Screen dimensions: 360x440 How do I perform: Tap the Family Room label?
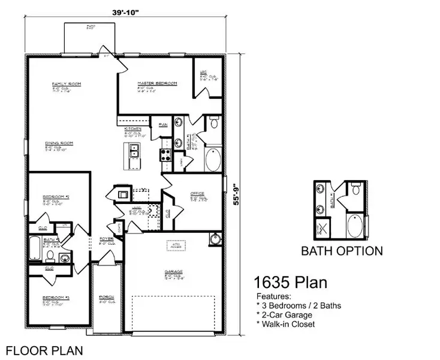click(66, 84)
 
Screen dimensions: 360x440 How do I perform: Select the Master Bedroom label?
click(157, 84)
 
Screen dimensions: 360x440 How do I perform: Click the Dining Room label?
click(59, 143)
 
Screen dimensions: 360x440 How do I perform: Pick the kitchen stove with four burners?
click(165, 155)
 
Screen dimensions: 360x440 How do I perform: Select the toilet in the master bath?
click(213, 124)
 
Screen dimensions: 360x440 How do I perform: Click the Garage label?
click(174, 272)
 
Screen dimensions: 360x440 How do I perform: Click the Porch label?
click(107, 298)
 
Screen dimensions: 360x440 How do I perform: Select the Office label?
click(197, 194)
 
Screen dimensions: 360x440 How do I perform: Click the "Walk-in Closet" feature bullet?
click(287, 324)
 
